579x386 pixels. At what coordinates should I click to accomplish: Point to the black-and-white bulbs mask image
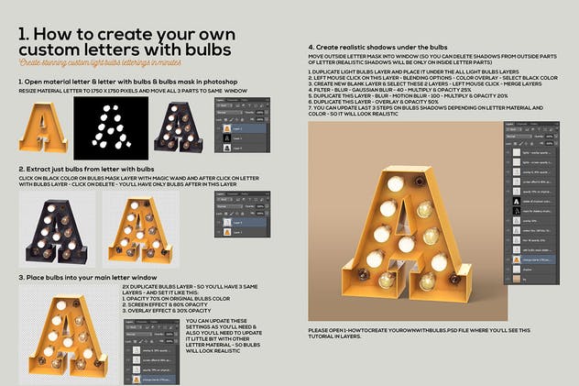coord(111,127)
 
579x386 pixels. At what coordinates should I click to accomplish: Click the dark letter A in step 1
coord(180,127)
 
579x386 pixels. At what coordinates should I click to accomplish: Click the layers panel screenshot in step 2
coord(241,213)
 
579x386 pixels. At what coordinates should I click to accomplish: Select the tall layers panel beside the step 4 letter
coord(531,211)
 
